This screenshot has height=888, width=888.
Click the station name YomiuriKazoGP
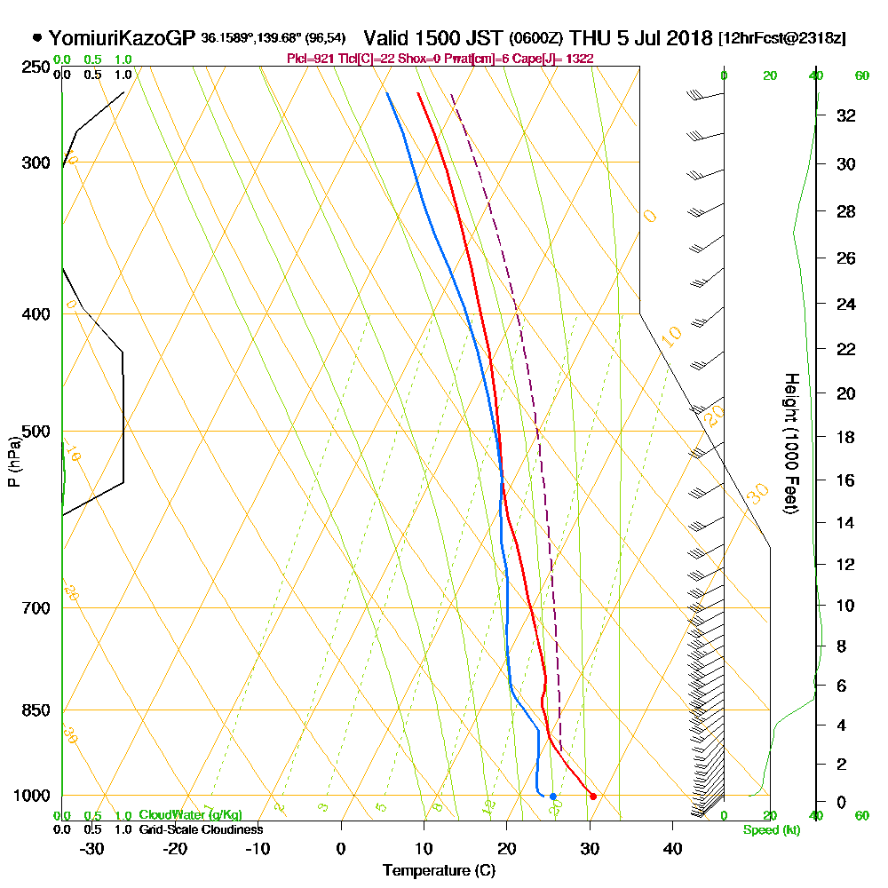pos(122,38)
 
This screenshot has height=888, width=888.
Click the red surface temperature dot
pos(593,796)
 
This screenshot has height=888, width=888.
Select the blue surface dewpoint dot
pos(552,796)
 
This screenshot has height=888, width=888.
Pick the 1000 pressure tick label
pos(30,796)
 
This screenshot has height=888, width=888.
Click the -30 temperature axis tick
pos(92,847)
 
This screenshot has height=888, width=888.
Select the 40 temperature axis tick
pos(672,847)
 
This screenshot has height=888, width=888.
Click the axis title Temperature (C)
pos(438,870)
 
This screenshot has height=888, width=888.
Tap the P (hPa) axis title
pos(13,461)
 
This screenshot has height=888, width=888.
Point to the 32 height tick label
pos(846,115)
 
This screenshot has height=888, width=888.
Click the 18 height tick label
pos(846,437)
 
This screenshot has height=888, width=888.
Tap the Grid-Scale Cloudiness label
pos(200,829)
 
